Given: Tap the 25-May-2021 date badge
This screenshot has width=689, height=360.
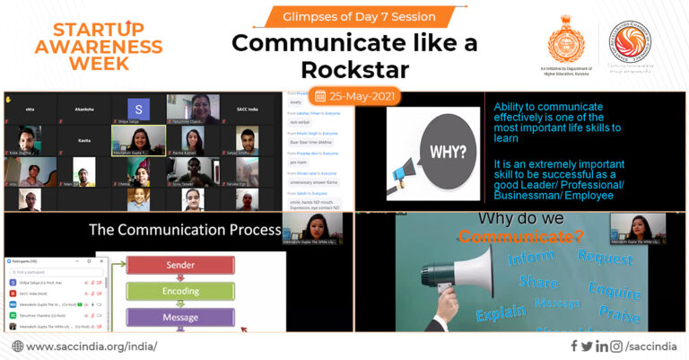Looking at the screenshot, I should [353, 95].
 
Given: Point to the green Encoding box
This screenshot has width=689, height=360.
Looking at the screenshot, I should [180, 292].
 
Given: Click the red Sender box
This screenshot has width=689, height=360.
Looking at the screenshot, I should [180, 266].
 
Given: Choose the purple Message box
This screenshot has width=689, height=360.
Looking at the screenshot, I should [180, 317].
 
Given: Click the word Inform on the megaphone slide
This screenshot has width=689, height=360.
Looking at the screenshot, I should [530, 259].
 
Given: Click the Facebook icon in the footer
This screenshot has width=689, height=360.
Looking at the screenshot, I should [574, 346].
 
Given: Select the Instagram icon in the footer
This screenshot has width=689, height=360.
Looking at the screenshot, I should [615, 346].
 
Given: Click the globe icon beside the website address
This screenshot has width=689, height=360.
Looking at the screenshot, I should [18, 346].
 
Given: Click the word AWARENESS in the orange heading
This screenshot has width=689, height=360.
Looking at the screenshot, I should [82, 46].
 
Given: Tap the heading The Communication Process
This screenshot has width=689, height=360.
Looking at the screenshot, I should [185, 230].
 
